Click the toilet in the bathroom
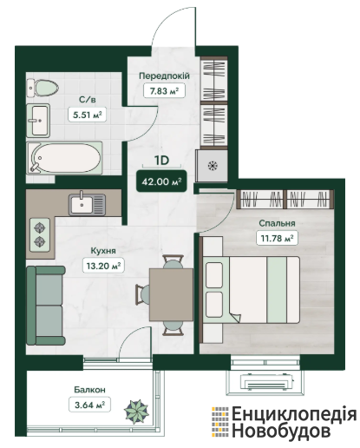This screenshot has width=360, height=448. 43,88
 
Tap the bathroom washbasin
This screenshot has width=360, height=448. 38,121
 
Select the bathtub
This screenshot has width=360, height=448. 65,158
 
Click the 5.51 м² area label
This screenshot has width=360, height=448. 87,115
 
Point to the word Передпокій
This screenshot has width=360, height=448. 164,76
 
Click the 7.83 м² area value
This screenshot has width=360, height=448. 164,91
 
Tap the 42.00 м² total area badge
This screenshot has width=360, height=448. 161,181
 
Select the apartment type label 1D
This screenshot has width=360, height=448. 161,161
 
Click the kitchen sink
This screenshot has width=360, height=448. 87,204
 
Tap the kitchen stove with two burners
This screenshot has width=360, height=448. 40,235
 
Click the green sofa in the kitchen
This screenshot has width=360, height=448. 46,306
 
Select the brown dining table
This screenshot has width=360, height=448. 171,294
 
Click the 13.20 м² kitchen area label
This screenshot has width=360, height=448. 103,265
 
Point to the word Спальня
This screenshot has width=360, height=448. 277,223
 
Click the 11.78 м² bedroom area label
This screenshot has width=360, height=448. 277,239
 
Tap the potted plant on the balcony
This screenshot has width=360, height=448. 136,412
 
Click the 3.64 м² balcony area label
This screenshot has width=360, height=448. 89,405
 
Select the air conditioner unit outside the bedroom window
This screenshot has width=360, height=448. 266,381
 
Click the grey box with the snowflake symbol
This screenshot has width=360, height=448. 212,166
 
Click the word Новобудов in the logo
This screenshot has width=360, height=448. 281,431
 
